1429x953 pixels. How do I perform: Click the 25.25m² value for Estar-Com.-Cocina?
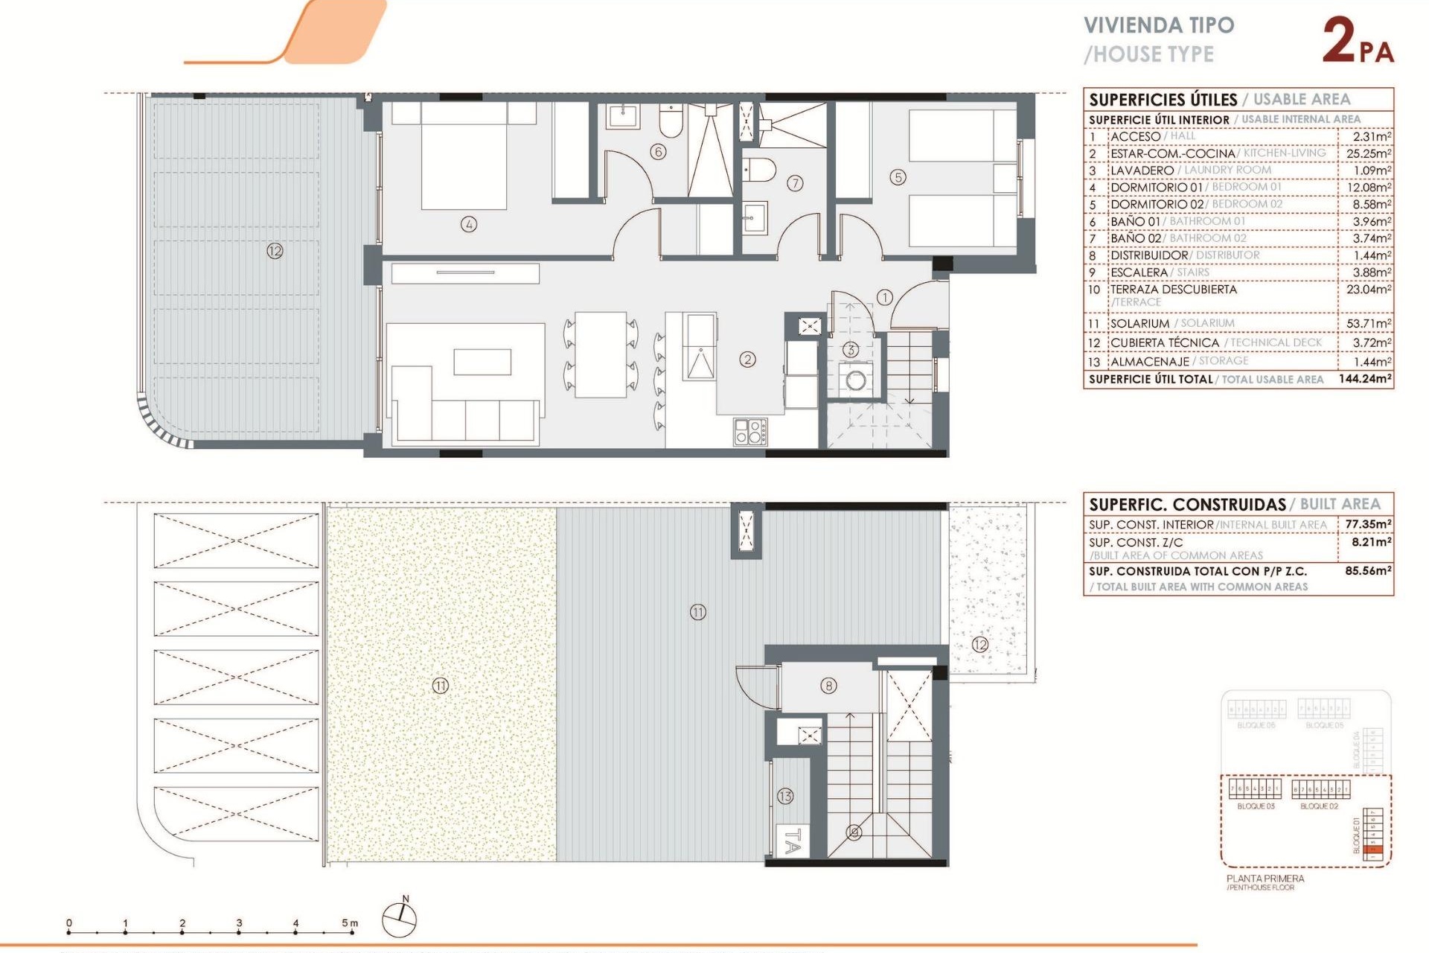1368,153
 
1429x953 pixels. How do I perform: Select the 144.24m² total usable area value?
1364,379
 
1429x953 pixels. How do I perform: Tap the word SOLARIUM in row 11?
1139,323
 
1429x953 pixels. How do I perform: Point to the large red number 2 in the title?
1339,42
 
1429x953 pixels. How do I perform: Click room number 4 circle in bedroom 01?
468,224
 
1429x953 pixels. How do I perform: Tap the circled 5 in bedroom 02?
898,177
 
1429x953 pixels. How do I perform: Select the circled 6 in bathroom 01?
657,152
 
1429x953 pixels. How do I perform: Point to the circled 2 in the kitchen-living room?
747,360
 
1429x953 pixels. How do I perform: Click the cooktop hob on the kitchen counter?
750,432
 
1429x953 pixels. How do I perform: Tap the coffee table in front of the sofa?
482,362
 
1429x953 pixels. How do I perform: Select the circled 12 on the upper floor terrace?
275,251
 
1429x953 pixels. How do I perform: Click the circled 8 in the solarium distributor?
828,686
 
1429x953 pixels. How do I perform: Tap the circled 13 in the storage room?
785,796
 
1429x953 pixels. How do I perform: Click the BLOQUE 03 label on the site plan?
1256,806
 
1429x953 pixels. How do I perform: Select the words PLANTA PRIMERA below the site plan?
1265,879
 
